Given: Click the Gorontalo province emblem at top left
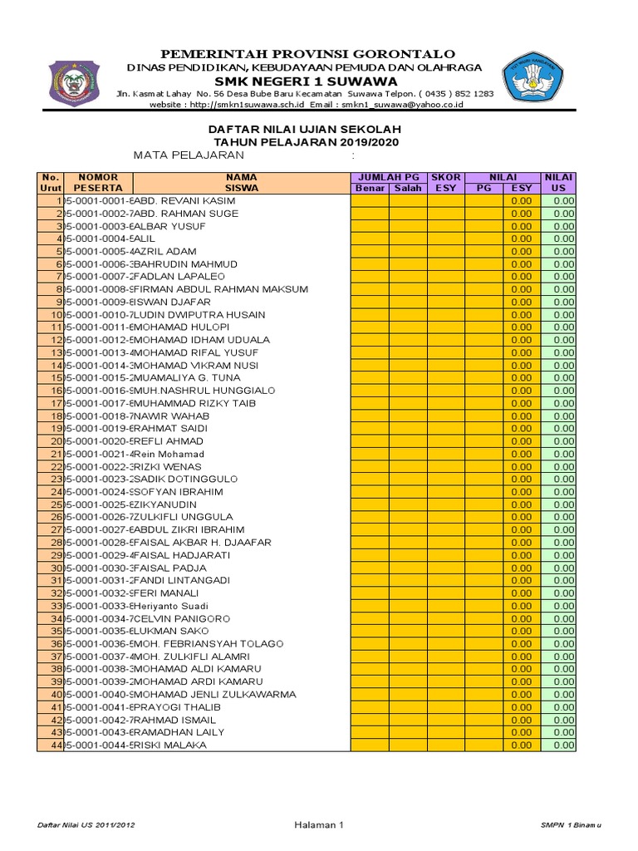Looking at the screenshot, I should point(76,81).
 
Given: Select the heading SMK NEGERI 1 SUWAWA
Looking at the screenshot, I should point(306,81).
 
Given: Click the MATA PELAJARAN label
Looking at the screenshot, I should point(189,155).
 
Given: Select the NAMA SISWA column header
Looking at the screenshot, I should point(241,182).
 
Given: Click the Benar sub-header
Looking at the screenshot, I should point(370,188).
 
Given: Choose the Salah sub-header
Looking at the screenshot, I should point(408,188).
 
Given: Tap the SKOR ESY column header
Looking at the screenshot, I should point(446,182).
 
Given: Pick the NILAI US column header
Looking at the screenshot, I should point(558,182).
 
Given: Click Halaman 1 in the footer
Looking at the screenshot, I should point(318,824).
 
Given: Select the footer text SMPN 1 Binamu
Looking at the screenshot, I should point(569,824).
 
